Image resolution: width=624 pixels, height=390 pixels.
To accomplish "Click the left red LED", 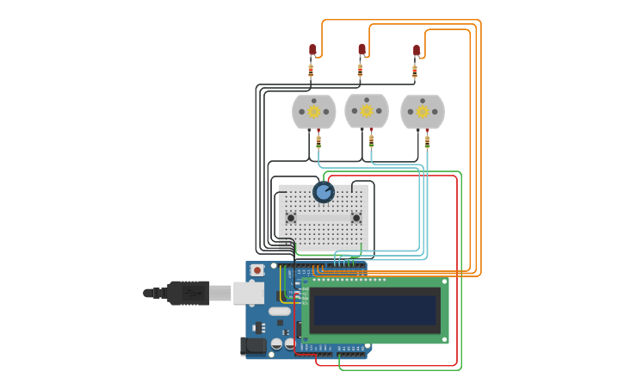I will tap(312, 50).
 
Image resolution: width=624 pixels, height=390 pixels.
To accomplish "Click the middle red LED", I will tap(361, 50).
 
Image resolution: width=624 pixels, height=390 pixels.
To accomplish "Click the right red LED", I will tap(417, 51).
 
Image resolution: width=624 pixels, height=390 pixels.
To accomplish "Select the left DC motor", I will tap(314, 112).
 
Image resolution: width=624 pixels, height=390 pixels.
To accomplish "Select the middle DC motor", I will tap(367, 111).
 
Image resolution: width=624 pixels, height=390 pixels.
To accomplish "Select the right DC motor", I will tap(423, 112).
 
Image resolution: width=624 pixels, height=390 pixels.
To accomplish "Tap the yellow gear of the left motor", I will tap(314, 111).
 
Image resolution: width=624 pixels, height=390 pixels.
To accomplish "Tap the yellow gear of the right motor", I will tap(423, 112).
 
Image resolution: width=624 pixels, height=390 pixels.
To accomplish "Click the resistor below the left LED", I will tap(311, 70).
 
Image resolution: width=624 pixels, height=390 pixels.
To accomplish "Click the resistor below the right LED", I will tap(415, 71).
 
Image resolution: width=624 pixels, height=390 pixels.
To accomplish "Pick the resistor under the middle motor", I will tap(372, 139).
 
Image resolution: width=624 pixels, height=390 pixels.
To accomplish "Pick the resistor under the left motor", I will tap(318, 141).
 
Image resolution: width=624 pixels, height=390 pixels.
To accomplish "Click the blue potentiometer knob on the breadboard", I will tap(324, 192).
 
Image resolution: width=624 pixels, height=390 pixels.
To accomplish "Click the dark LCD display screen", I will tap(375, 310).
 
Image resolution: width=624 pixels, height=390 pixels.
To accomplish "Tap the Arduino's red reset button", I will tap(256, 270).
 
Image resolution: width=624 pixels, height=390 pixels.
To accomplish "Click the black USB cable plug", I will tap(189, 293).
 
